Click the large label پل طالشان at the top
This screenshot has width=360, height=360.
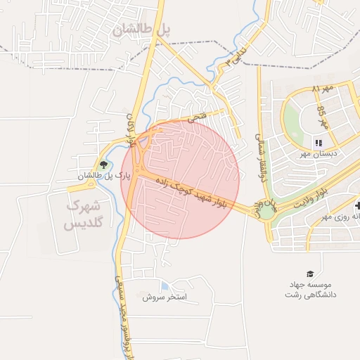coord(141,29)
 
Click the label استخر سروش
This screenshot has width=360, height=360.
coord(164,297)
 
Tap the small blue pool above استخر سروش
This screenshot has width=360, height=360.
coord(164,286)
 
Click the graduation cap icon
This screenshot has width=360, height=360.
coord(309,274)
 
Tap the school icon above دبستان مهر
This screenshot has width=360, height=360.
coord(318,142)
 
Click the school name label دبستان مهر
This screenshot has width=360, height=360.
coord(319,153)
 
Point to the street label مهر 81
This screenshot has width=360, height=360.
coord(322,90)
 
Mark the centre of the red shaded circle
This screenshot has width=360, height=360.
coord(180,180)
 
